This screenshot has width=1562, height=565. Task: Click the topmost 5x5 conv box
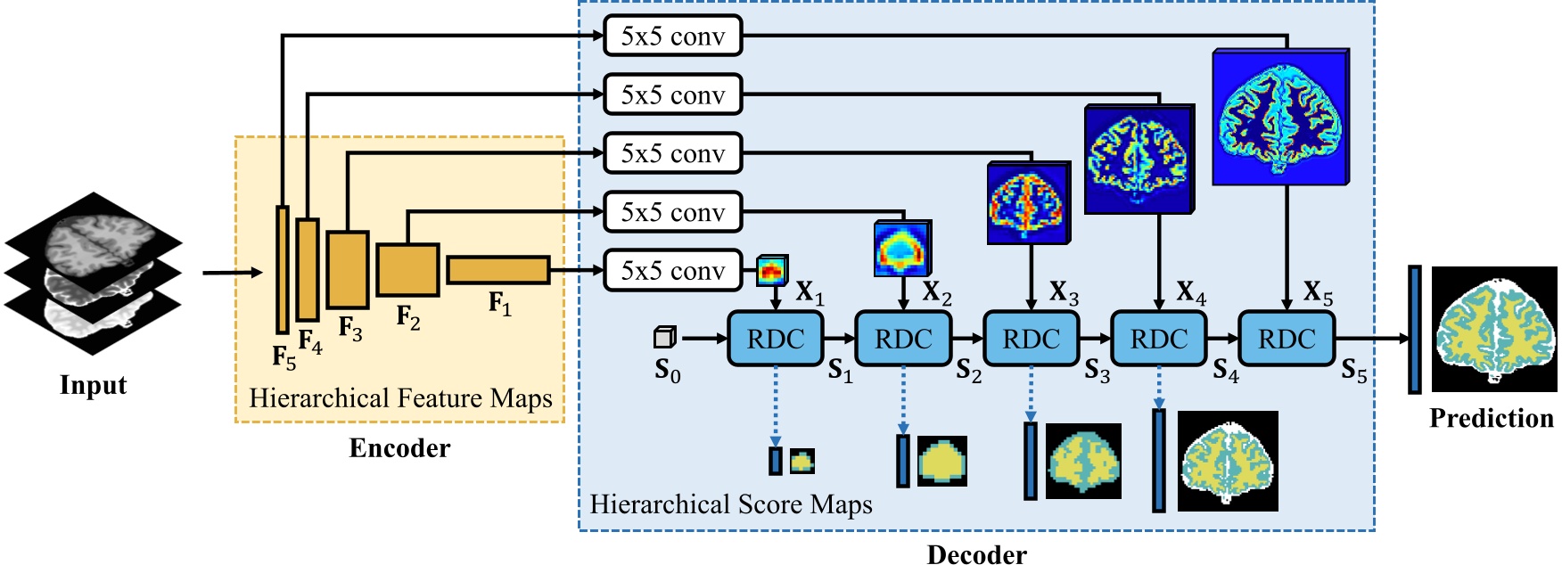click(672, 37)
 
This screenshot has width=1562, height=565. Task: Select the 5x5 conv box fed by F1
click(672, 270)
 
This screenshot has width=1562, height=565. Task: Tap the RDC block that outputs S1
click(775, 339)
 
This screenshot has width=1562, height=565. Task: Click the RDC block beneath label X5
click(1287, 339)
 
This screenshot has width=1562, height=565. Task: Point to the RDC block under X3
click(1031, 339)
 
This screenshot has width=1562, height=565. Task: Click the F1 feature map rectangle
click(497, 270)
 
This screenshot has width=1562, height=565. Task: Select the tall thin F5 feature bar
click(283, 269)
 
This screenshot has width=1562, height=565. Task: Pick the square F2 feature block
click(407, 270)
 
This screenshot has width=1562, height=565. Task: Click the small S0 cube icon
click(664, 337)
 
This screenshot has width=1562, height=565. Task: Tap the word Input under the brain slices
click(93, 385)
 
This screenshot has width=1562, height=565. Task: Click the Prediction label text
click(1491, 418)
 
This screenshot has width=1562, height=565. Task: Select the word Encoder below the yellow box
click(399, 448)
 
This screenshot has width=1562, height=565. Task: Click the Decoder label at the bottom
click(976, 554)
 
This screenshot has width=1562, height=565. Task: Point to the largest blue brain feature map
click(1280, 118)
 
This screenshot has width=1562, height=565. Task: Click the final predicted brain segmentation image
click(1493, 330)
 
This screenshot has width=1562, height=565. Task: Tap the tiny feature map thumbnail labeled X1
click(772, 270)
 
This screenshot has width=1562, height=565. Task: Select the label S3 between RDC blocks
click(1097, 370)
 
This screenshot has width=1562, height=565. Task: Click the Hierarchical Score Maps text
click(730, 504)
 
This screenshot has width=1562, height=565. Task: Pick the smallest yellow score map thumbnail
click(802, 461)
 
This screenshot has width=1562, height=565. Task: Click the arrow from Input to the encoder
click(232, 272)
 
